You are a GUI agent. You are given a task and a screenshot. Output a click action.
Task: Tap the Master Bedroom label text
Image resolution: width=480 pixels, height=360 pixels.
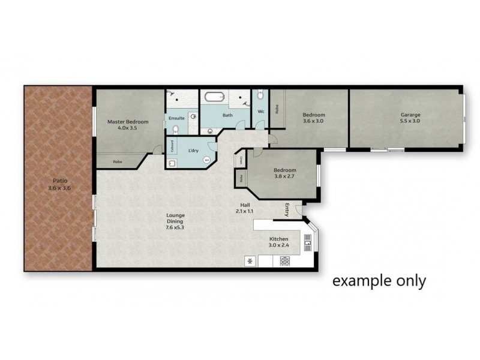pos(127,122)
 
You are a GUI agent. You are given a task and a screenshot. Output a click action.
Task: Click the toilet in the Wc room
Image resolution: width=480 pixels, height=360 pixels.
pos(260,95)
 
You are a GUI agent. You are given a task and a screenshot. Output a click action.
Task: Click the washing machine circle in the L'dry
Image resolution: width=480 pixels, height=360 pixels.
pos(207,160)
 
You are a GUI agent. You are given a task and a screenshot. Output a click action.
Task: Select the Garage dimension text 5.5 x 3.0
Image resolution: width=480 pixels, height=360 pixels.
pos(410,121)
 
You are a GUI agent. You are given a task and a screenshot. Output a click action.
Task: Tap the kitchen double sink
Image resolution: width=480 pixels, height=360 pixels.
pos(308,242)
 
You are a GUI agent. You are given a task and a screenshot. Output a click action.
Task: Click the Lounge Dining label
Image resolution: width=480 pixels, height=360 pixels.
pos(176,218)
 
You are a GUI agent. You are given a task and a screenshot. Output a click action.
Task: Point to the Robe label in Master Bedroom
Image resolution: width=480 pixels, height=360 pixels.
pos(118,161)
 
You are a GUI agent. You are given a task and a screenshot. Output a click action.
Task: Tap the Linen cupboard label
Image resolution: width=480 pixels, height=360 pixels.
pos(241,160)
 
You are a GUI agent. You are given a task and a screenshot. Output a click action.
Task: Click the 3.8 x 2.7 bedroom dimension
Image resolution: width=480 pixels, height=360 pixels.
pos(284,178)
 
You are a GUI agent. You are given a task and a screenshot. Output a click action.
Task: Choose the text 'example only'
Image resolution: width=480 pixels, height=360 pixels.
pos(379,280)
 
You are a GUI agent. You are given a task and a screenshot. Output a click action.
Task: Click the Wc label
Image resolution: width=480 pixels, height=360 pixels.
pos(261,112)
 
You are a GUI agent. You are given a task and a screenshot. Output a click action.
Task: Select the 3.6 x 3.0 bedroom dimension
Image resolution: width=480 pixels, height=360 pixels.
pos(313,121)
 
